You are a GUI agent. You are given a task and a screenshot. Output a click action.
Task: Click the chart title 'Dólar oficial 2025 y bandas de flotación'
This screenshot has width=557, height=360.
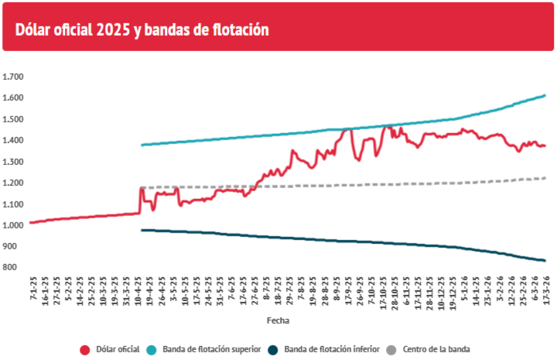[142, 29]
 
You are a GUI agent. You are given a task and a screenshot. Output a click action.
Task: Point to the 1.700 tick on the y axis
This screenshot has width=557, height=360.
[14, 77]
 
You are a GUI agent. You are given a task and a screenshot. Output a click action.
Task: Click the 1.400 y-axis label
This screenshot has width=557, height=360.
[14, 141]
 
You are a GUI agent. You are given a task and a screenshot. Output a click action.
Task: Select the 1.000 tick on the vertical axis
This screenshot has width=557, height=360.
[14, 225]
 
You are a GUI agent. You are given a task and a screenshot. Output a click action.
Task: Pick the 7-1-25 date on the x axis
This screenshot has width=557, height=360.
[32, 293]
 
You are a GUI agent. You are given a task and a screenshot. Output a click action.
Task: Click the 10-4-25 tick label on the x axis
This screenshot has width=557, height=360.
[138, 293]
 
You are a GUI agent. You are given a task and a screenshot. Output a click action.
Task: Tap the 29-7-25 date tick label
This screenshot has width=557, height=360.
[289, 293]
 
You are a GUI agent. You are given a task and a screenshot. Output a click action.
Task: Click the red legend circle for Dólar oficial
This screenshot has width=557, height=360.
[86, 350]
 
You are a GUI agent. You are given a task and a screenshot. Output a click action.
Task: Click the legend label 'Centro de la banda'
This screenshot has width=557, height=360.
[436, 350]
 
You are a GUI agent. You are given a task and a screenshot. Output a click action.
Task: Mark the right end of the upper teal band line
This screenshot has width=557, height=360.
[545, 96]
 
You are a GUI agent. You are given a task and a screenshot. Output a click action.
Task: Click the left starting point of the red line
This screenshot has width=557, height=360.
[30, 223]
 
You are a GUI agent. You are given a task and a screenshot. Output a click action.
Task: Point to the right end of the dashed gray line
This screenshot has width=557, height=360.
[545, 178]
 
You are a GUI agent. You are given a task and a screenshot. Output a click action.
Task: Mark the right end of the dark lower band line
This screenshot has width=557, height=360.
[545, 260]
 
